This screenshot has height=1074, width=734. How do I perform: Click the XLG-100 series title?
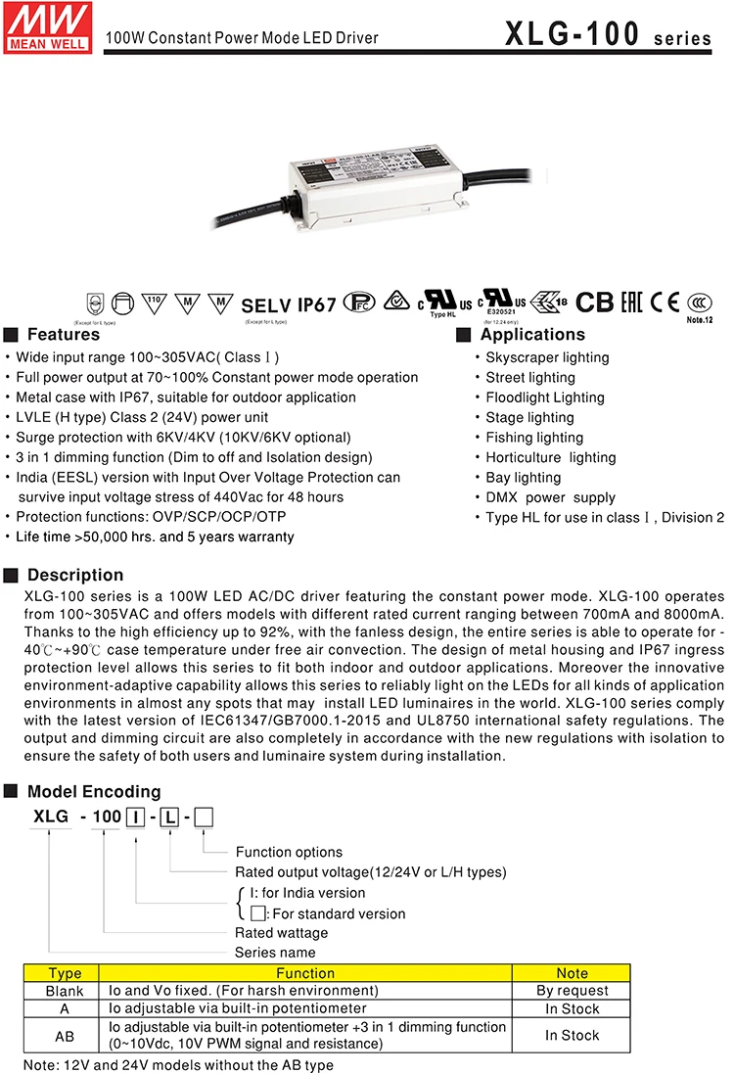608,35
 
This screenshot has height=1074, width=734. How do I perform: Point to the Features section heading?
63,335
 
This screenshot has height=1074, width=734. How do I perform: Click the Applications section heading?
532,335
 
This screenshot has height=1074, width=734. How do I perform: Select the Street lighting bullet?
530,378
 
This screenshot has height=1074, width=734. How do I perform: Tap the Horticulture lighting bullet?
551,457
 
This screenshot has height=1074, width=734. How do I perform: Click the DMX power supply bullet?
551,497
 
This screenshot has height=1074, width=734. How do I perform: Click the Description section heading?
74,575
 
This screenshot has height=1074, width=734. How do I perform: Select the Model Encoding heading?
94,792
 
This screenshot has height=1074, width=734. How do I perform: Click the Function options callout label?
289,852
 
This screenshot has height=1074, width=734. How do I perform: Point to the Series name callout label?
275,952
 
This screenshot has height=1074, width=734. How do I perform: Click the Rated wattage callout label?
282,932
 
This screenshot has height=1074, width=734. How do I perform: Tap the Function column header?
305,973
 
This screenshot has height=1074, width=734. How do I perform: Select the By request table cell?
573,991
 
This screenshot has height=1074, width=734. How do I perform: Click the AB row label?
66,1035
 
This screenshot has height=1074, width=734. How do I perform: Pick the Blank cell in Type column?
66,991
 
